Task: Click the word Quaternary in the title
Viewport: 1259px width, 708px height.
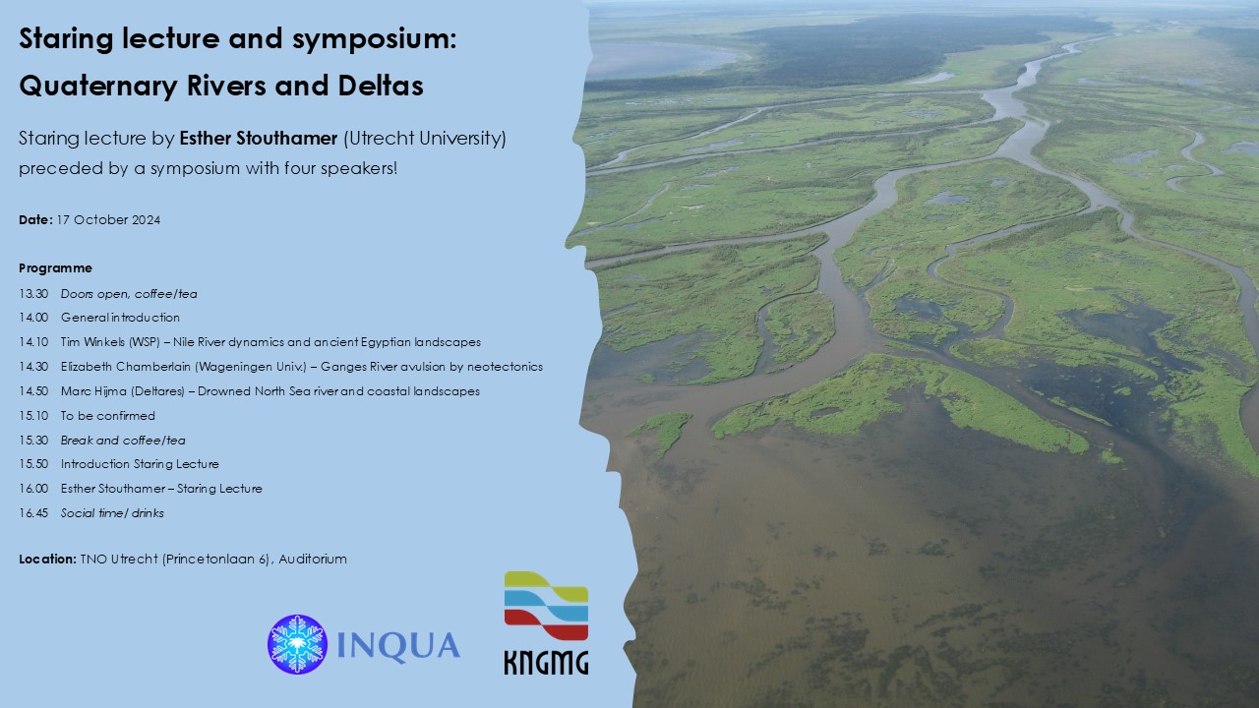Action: click(x=98, y=86)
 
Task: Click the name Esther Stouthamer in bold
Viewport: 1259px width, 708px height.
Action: click(x=259, y=139)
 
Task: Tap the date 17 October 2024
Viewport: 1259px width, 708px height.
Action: click(x=108, y=219)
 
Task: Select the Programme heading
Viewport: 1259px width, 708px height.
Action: click(x=56, y=268)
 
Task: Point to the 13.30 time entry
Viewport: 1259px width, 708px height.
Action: click(x=33, y=294)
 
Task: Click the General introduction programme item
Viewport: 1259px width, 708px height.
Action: click(x=120, y=318)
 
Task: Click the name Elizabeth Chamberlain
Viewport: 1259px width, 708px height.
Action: click(x=126, y=367)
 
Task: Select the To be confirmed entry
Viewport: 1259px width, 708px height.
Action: click(x=108, y=416)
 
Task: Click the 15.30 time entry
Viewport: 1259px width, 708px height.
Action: click(x=33, y=440)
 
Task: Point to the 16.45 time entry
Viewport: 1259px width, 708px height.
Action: click(x=33, y=513)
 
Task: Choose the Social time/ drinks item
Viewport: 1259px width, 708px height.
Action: click(x=112, y=513)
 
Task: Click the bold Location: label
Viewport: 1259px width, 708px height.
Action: click(x=47, y=560)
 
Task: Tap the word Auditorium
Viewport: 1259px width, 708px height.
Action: click(x=313, y=560)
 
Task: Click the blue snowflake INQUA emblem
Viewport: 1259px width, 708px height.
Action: click(x=297, y=644)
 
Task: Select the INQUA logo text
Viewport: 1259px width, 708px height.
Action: click(x=398, y=646)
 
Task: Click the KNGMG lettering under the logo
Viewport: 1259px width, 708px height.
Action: click(x=546, y=663)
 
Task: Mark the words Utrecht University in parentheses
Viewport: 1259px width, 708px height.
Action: click(x=425, y=139)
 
